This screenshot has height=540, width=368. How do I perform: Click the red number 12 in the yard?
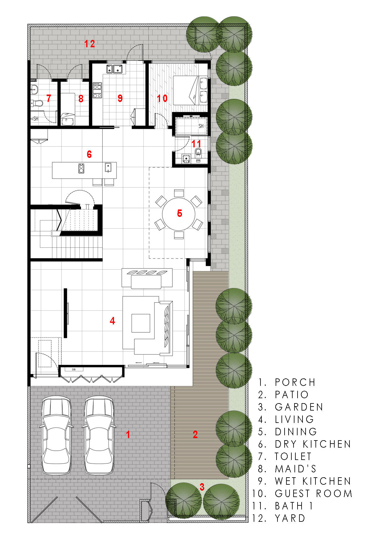[90, 44]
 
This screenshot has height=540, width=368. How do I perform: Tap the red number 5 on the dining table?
[180, 213]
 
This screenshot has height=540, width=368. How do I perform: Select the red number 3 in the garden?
[202, 487]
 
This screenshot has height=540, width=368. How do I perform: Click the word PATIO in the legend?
[292, 394]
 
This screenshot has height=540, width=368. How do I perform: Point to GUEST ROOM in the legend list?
[314, 493]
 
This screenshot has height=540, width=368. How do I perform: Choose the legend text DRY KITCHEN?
[313, 444]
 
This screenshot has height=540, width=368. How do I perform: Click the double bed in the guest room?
[190, 90]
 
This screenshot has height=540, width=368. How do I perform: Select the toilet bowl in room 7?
[37, 103]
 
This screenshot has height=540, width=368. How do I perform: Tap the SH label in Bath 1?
[201, 126]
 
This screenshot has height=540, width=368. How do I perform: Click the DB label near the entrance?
[74, 369]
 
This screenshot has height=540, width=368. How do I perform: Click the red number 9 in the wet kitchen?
[120, 98]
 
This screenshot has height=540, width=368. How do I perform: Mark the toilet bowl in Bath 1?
[198, 152]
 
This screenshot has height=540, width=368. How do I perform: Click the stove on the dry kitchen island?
[81, 168]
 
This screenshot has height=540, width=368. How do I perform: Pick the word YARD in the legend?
[290, 518]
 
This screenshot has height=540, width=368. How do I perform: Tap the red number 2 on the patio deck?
[195, 435]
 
